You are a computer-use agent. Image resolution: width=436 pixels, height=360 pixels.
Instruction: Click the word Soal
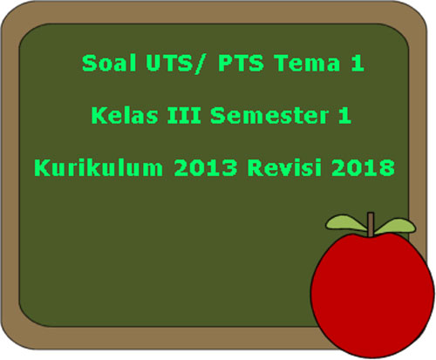[x=109, y=63]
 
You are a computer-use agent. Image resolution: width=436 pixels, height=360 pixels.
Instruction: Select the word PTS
[x=241, y=63]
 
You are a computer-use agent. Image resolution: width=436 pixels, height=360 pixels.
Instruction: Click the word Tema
[x=307, y=63]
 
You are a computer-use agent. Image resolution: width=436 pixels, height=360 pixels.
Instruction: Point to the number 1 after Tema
[x=358, y=63]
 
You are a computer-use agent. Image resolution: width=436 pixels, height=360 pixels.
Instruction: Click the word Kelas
[x=125, y=115]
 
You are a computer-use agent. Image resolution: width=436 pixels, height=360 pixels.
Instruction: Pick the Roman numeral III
[x=184, y=115]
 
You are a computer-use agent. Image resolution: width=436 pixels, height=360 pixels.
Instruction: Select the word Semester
[x=269, y=115]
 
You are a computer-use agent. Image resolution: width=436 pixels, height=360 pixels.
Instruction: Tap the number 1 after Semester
[x=344, y=115]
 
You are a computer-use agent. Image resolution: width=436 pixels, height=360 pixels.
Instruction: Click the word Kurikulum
[x=99, y=167]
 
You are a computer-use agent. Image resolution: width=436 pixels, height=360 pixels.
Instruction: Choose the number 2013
[x=206, y=167]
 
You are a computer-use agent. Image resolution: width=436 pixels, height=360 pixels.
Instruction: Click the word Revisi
[x=284, y=167]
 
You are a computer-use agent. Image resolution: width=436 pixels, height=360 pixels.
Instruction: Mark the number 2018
[x=364, y=167]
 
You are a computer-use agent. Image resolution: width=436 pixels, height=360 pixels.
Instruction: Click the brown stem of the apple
[x=371, y=224]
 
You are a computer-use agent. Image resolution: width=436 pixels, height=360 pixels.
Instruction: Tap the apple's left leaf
[x=346, y=223]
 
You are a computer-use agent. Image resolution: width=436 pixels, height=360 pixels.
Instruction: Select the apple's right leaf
[x=396, y=226]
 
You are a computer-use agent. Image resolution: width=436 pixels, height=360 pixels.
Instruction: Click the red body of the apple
[x=372, y=295]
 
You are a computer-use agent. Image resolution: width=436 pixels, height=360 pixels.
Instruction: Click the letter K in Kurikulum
[x=43, y=167]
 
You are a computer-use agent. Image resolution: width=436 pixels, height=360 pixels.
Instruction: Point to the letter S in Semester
[x=218, y=115]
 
